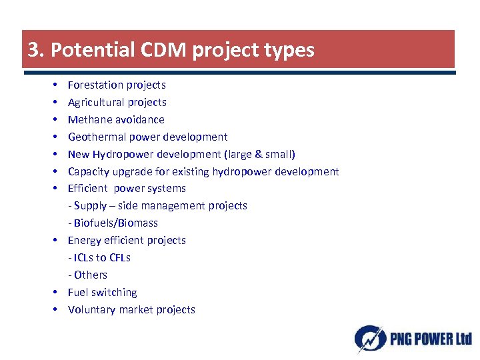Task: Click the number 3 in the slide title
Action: [x=33, y=50]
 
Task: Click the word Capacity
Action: [x=89, y=171]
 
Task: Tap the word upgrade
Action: [x=132, y=171]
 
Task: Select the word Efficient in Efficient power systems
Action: [x=88, y=188]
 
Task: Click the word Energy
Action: [x=84, y=240]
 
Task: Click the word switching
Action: [x=114, y=292]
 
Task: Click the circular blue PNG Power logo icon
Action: [x=369, y=338]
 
